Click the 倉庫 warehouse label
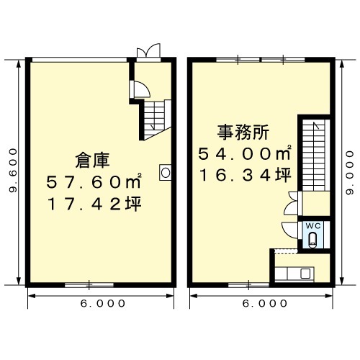[x=92, y=160]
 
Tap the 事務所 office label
[x=243, y=132]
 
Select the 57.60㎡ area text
[x=94, y=181]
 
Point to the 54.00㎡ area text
[x=245, y=153]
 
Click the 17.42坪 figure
[x=94, y=204]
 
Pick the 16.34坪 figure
[x=246, y=175]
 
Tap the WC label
[x=313, y=226]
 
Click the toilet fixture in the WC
[x=312, y=239]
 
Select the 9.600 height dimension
[x=13, y=170]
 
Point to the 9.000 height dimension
[x=350, y=172]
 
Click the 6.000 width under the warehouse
[x=103, y=304]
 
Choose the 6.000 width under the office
[x=265, y=304]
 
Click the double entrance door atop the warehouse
[x=148, y=51]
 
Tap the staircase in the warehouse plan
[x=156, y=119]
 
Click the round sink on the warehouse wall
[x=166, y=173]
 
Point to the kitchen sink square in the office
[x=305, y=274]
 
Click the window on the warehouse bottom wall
[x=89, y=285]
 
